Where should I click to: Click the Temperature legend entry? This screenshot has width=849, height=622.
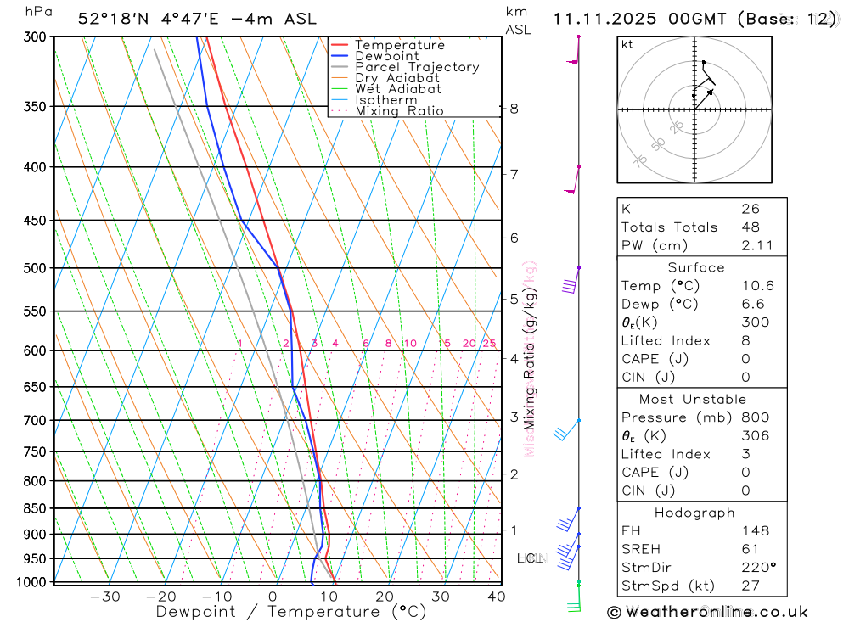[399, 45]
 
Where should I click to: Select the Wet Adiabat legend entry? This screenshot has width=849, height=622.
[397, 89]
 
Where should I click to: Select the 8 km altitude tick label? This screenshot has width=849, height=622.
[514, 109]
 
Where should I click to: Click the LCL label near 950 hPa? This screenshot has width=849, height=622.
[529, 558]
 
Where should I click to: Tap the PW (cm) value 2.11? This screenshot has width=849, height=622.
[751, 245]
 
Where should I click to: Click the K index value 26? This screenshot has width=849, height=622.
[750, 209]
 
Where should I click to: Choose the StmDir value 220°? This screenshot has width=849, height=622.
[755, 568]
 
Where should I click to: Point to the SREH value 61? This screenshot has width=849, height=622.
[750, 549]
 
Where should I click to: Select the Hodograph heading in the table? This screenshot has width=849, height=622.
[695, 513]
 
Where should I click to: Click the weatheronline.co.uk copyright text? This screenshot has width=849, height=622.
[708, 612]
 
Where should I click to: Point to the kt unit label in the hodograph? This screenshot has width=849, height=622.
[627, 44]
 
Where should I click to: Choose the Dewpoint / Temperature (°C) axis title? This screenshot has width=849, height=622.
[291, 612]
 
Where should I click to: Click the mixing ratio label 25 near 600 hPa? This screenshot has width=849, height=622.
[489, 344]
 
